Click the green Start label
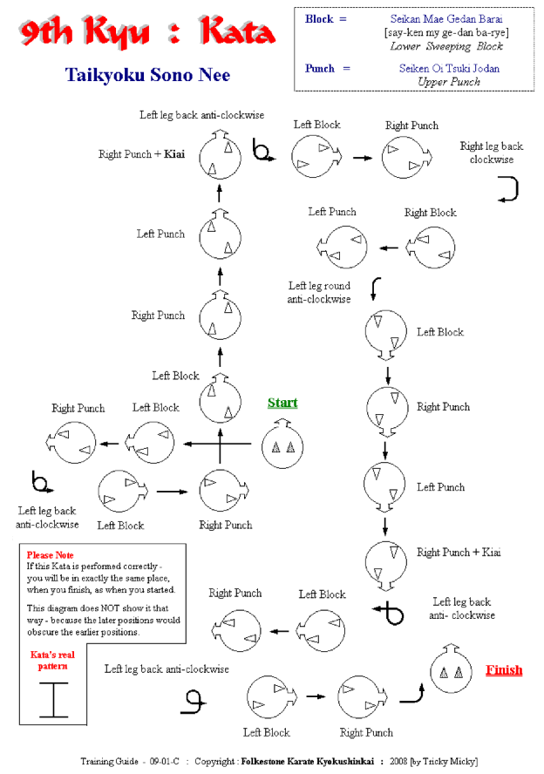[x=282, y=403]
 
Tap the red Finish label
[x=504, y=670]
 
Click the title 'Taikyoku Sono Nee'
[x=147, y=75]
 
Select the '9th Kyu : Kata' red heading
[x=146, y=33]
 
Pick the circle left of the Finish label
[x=451, y=671]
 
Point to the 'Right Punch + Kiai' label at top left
[x=141, y=154]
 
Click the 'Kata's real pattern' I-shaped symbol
[x=53, y=698]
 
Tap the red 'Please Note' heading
[x=50, y=555]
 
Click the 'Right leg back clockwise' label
[x=492, y=153]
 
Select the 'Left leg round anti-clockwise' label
[x=319, y=292]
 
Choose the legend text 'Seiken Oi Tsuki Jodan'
[x=449, y=68]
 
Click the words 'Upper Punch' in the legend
[x=449, y=82]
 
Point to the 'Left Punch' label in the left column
[x=160, y=234]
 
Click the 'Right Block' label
[x=431, y=212]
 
